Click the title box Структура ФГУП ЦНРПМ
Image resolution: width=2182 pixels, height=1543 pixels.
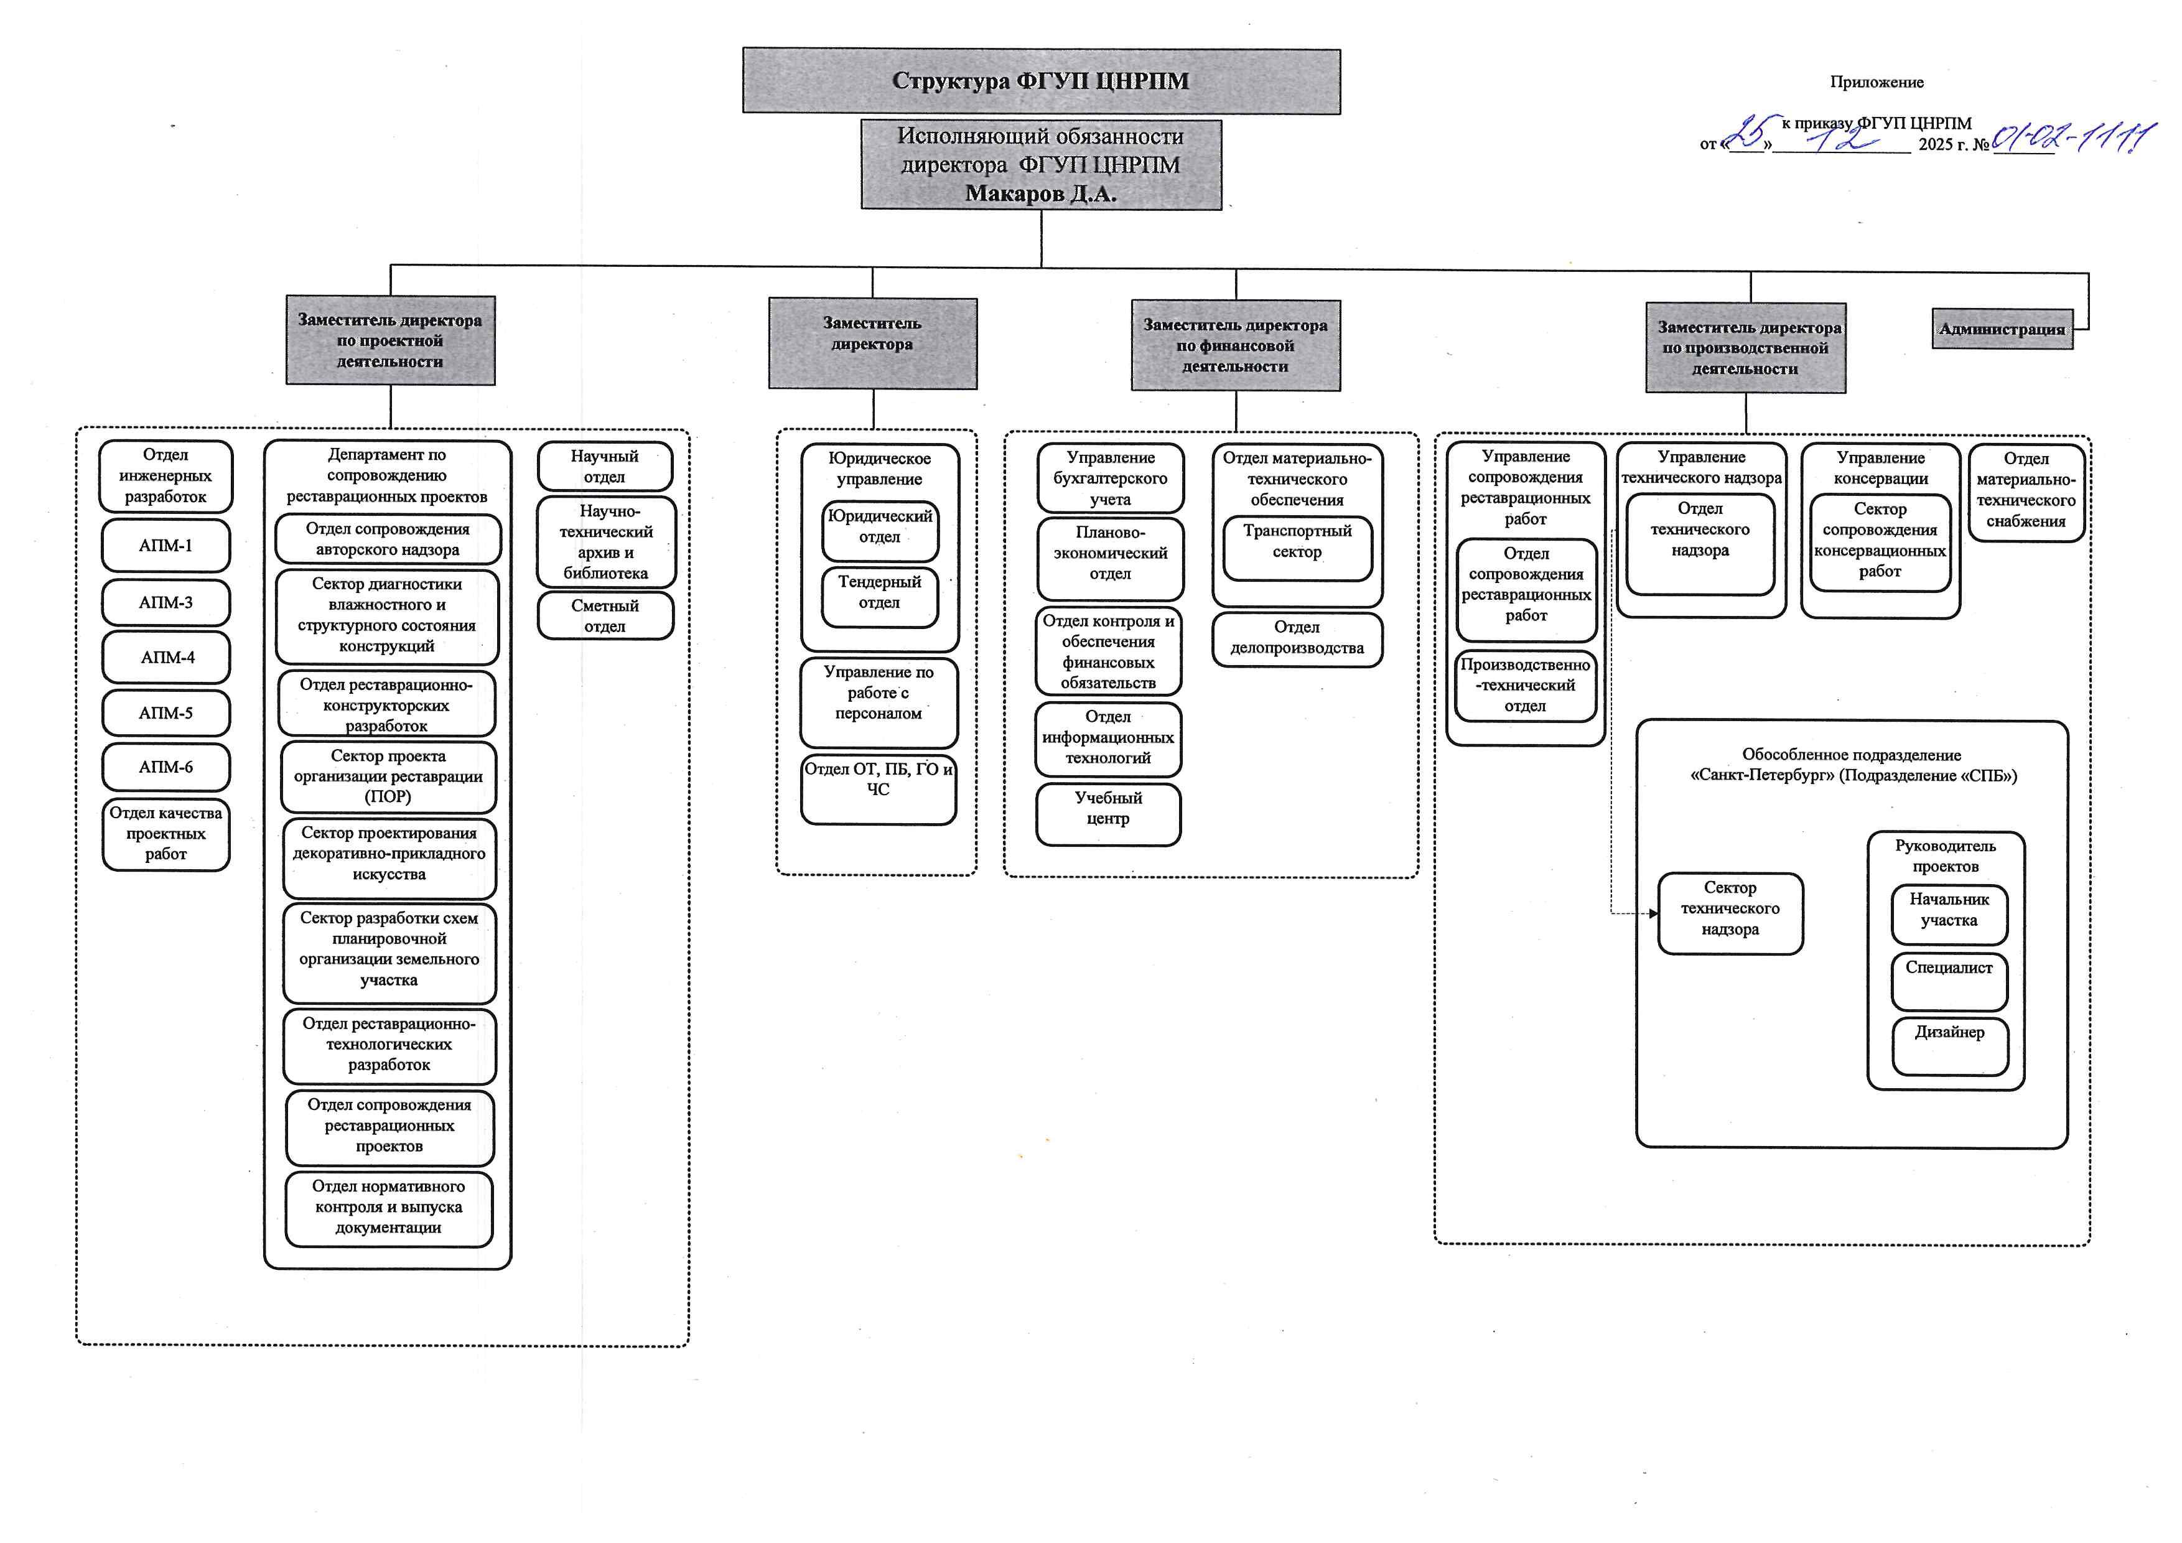tap(1041, 82)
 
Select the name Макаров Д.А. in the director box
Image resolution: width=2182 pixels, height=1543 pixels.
tap(1041, 194)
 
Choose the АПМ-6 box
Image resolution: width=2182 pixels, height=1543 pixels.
tap(166, 767)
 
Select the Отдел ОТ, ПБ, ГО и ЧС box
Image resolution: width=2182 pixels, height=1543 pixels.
tap(878, 788)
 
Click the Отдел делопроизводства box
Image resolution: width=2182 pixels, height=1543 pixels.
tap(1297, 638)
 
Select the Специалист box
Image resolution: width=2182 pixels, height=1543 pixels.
tap(1949, 979)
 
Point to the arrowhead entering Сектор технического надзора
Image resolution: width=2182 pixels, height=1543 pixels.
tap(1653, 913)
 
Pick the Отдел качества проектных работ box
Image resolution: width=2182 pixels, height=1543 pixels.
tap(166, 834)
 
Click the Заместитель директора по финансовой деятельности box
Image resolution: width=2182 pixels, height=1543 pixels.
tap(1236, 346)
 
